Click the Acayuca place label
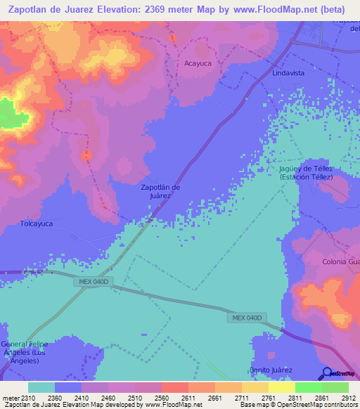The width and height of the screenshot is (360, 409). click(x=198, y=63)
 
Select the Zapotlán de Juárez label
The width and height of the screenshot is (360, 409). click(x=161, y=191)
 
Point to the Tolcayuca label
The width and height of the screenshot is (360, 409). click(x=37, y=223)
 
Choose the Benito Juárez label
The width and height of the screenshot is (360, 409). click(x=271, y=369)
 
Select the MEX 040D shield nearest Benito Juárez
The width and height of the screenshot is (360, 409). click(x=246, y=318)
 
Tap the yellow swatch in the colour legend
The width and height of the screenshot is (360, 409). click(x=281, y=387)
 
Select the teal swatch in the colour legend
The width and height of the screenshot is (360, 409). click(x=41, y=387)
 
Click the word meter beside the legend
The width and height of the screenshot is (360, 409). click(x=9, y=398)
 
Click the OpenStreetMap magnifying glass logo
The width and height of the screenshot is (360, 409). click(x=326, y=372)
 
